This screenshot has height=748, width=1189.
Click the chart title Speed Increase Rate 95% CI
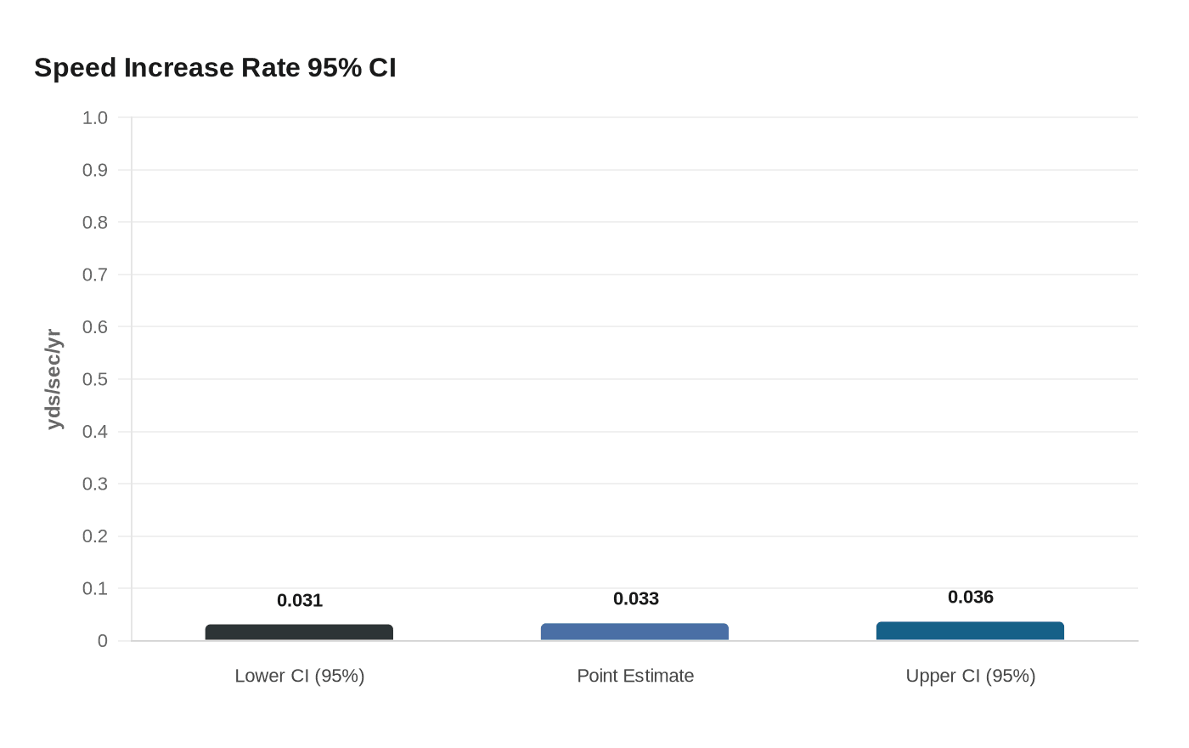tap(215, 68)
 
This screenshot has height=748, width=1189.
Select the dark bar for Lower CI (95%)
tap(299, 632)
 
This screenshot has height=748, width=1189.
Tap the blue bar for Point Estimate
tap(634, 632)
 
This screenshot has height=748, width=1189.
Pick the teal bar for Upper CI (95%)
tap(970, 631)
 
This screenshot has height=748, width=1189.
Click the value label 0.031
tap(300, 600)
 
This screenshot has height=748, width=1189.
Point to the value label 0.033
tap(636, 598)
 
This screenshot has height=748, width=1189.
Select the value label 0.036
tap(971, 597)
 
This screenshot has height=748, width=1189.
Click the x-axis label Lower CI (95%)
tap(300, 676)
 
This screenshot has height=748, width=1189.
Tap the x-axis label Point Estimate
tap(635, 676)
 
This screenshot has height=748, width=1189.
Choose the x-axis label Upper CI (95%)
tap(971, 676)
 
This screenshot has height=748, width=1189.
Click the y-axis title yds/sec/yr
tap(54, 379)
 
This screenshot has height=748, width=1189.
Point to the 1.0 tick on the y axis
tap(95, 118)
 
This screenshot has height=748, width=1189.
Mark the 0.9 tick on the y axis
tap(95, 170)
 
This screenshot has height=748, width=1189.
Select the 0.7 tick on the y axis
tap(95, 275)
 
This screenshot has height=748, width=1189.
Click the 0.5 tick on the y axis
tap(95, 379)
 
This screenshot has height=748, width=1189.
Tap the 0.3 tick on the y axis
tap(95, 484)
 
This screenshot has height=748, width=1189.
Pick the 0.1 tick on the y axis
tap(95, 588)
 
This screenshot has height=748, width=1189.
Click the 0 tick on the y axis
tap(103, 641)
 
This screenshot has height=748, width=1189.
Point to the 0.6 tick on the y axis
tap(95, 327)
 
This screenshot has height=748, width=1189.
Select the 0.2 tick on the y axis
tap(95, 536)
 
